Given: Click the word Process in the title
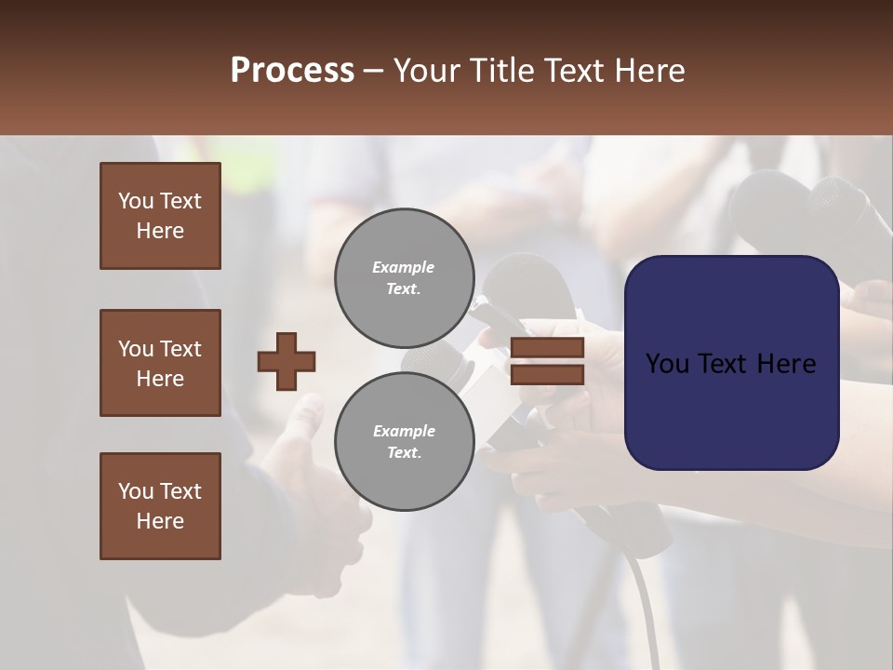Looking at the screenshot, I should (x=292, y=70).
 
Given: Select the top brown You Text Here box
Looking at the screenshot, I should (x=160, y=216).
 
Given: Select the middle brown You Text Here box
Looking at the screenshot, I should (x=160, y=363).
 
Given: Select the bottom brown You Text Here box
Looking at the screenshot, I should (x=160, y=506).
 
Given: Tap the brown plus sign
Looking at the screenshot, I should (x=287, y=361).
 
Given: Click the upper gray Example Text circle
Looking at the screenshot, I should (x=405, y=277).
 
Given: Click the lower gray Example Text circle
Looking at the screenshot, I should (x=405, y=441).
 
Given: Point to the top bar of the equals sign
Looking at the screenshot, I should (x=547, y=348).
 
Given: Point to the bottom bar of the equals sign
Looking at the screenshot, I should (x=547, y=374).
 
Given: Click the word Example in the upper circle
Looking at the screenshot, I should (x=403, y=267).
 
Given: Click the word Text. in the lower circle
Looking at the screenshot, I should (x=404, y=452).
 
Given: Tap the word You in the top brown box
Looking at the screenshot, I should (x=136, y=201).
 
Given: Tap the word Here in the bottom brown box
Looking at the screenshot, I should (x=160, y=521).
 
